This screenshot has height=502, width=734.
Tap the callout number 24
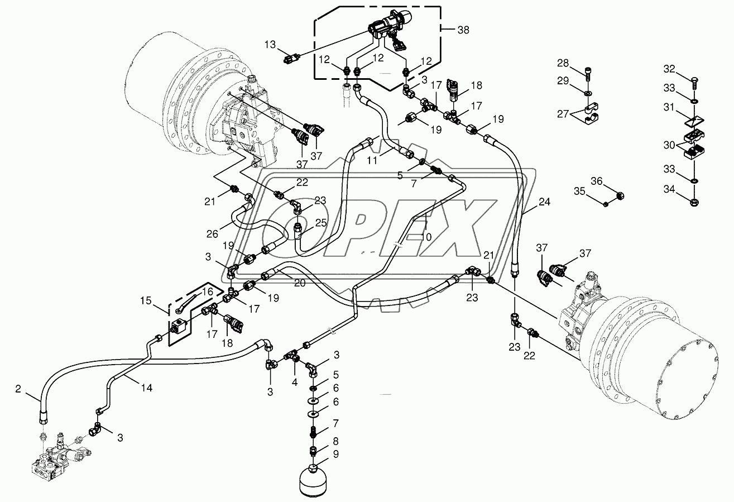pos(544,202)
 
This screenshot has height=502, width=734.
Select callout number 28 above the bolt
pos(563,62)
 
